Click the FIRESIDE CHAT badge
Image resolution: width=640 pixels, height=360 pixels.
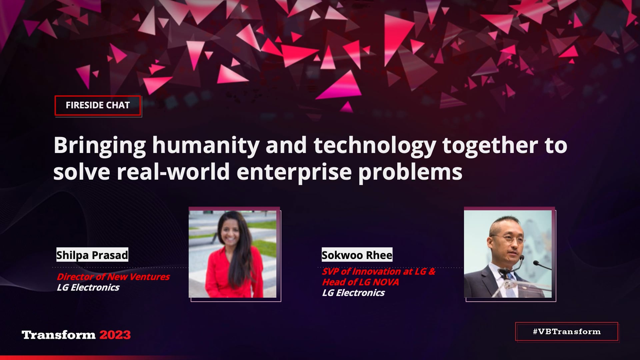tap(98, 105)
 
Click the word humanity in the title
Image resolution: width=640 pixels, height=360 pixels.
tap(206, 145)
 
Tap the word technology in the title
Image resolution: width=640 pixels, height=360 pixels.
tap(375, 145)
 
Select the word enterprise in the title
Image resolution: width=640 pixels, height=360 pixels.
tap(294, 172)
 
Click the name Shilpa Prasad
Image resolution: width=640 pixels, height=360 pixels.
tap(92, 255)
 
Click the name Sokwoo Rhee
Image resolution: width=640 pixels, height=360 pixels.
tap(357, 255)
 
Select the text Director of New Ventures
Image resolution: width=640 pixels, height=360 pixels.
tap(113, 277)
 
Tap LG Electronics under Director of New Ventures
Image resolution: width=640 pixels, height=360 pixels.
tap(88, 287)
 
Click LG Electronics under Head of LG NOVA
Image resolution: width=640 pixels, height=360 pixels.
tap(353, 293)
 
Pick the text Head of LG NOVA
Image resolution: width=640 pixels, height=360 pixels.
tap(360, 282)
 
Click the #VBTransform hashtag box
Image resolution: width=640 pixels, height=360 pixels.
tap(567, 332)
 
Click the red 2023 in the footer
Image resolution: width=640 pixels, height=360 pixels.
tap(115, 335)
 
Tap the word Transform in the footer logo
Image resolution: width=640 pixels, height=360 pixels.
tap(59, 335)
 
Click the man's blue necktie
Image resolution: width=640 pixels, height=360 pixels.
tap(509, 283)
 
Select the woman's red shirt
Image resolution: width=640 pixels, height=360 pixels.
tap(230, 273)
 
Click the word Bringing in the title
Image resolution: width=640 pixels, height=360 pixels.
tap(100, 145)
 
